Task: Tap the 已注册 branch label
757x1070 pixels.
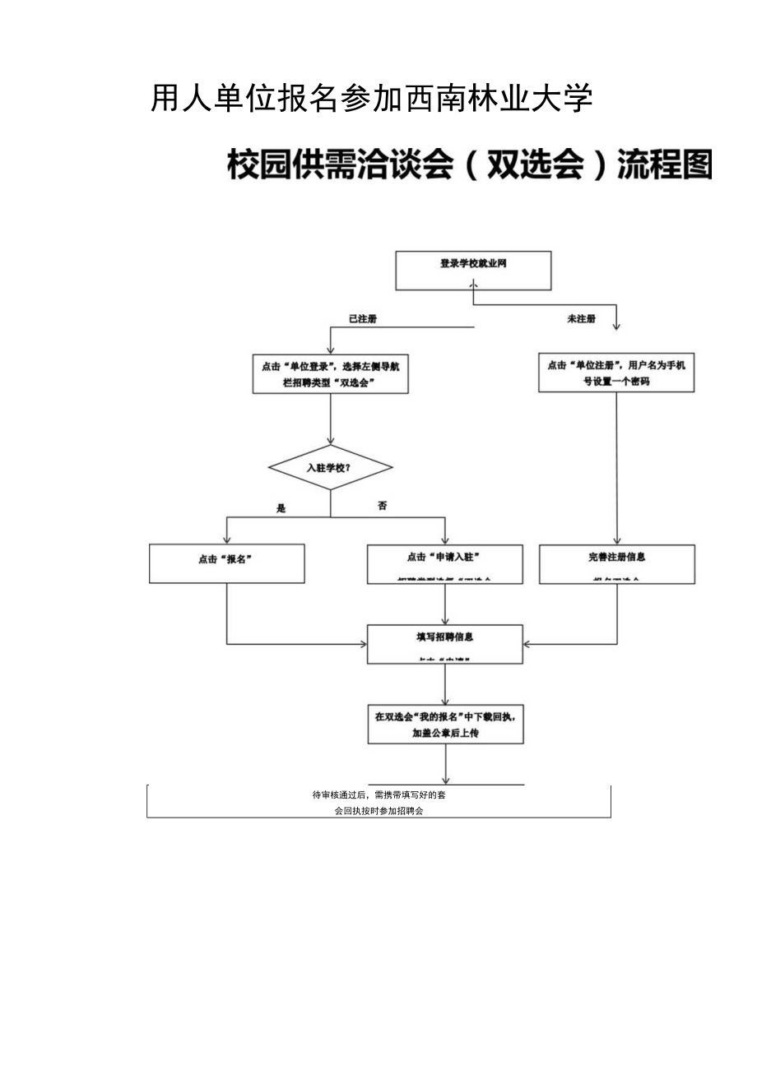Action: [x=363, y=319]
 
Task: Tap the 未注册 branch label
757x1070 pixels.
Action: [x=581, y=319]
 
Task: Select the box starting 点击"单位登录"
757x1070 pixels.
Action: [x=330, y=374]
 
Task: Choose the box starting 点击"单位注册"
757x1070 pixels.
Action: [x=616, y=373]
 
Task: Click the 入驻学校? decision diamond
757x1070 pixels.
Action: [x=330, y=468]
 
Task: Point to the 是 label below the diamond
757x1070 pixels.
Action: [x=281, y=508]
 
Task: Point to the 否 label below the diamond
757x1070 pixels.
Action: [x=383, y=507]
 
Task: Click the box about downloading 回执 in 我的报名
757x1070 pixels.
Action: [x=444, y=725]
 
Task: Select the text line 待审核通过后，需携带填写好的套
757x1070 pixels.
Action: [x=378, y=795]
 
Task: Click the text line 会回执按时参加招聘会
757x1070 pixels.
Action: [x=378, y=810]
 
